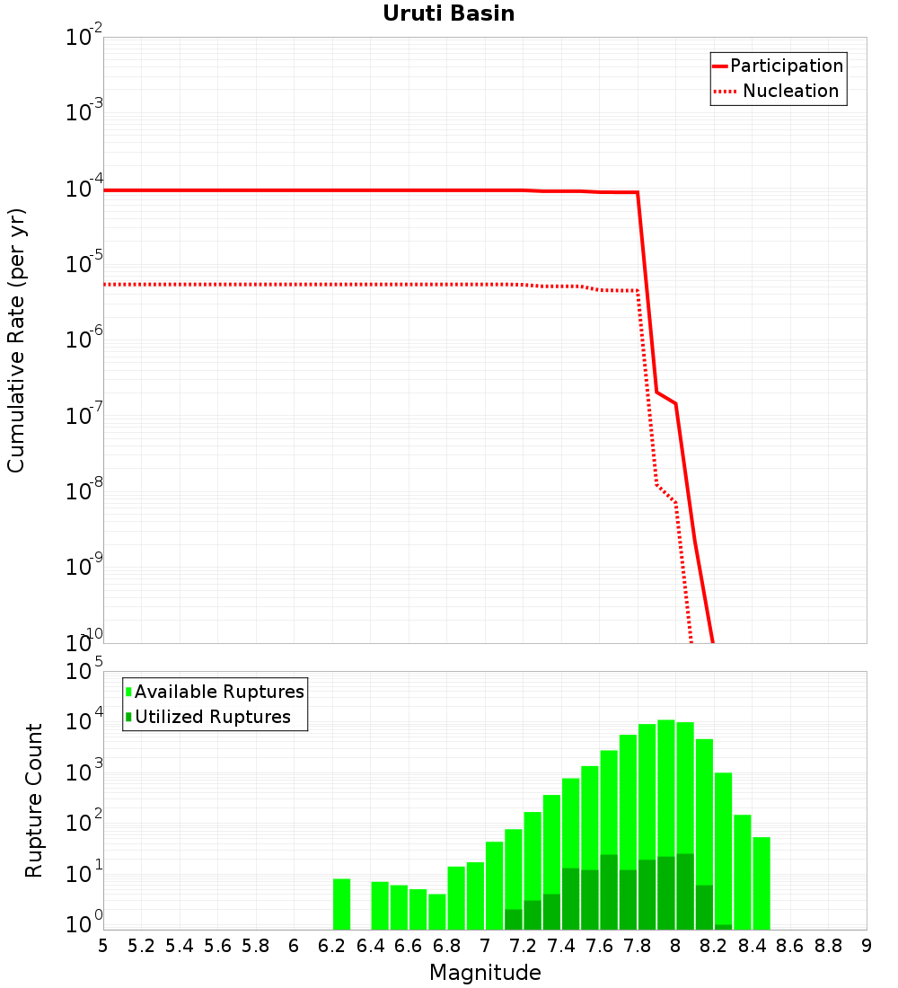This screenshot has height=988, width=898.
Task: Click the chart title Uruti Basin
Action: pyautogui.click(x=448, y=13)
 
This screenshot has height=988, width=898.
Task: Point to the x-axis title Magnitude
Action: pyautogui.click(x=485, y=973)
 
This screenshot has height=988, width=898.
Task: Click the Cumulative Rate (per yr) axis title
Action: pyautogui.click(x=16, y=340)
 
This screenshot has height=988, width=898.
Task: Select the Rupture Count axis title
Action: pyautogui.click(x=34, y=800)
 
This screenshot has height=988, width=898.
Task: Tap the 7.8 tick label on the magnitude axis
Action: pyautogui.click(x=638, y=946)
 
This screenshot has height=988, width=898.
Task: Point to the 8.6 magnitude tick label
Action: pyautogui.click(x=790, y=946)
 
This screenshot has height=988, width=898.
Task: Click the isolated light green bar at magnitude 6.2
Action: pyautogui.click(x=341, y=904)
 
